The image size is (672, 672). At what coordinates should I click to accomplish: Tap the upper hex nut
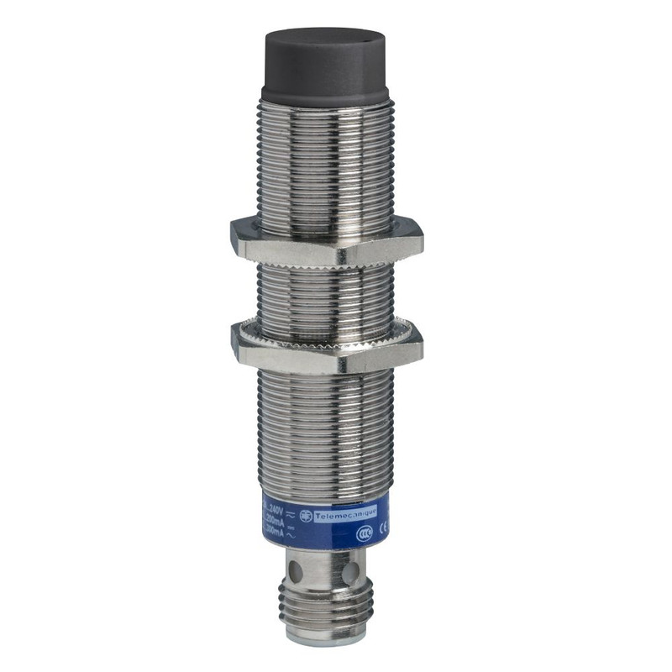click(x=325, y=239)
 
